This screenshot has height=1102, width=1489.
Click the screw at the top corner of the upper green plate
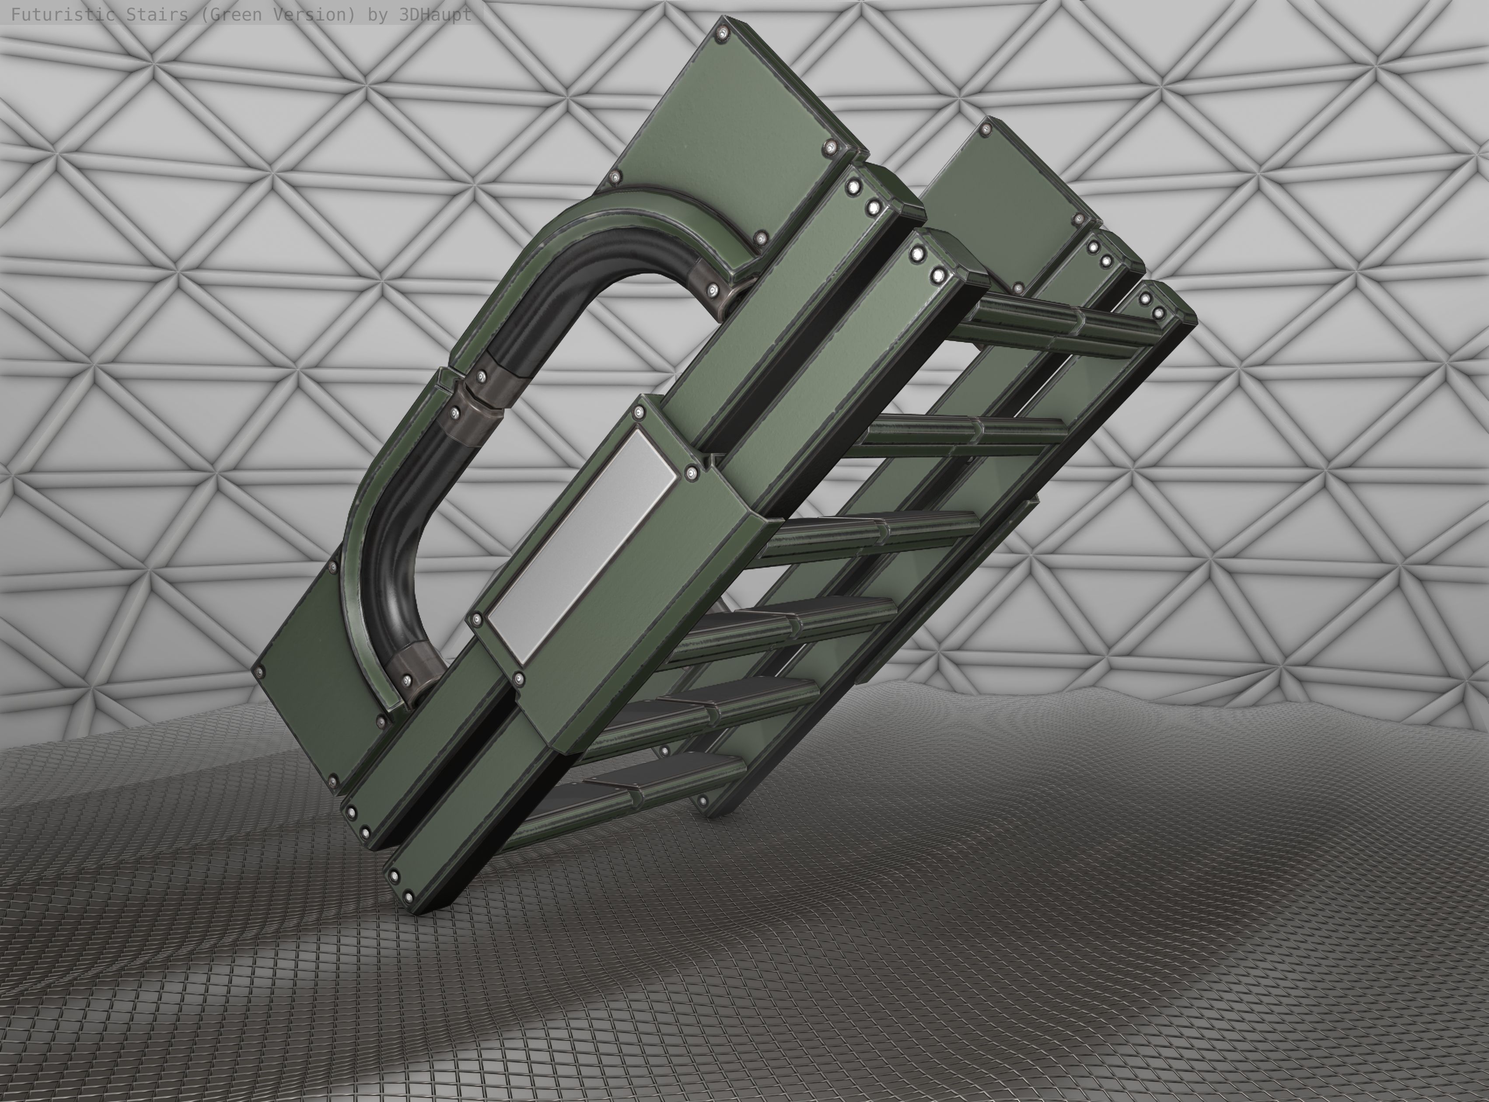(722, 32)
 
